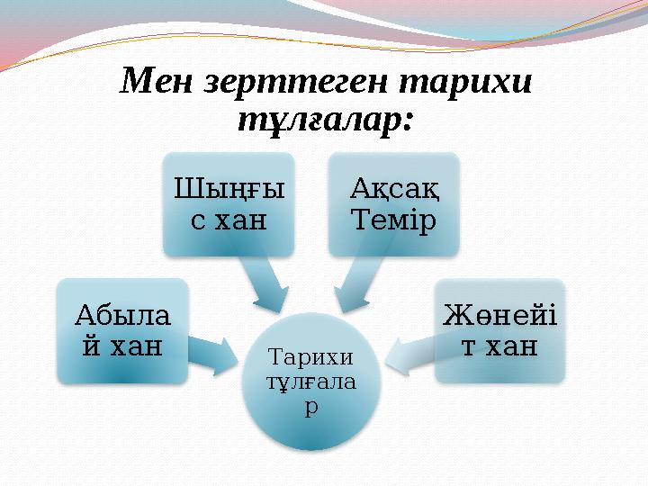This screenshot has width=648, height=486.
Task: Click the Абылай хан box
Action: click(121, 330)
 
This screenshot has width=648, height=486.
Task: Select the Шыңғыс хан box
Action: click(229, 204)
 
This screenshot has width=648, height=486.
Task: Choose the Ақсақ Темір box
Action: click(392, 204)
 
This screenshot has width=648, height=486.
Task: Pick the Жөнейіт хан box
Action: click(500, 330)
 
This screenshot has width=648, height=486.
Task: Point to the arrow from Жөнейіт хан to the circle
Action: click(410, 353)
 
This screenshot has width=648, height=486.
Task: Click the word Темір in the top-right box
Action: click(392, 219)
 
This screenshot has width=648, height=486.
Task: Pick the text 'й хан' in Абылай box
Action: click(121, 345)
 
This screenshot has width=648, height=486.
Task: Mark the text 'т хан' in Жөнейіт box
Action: click(500, 345)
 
